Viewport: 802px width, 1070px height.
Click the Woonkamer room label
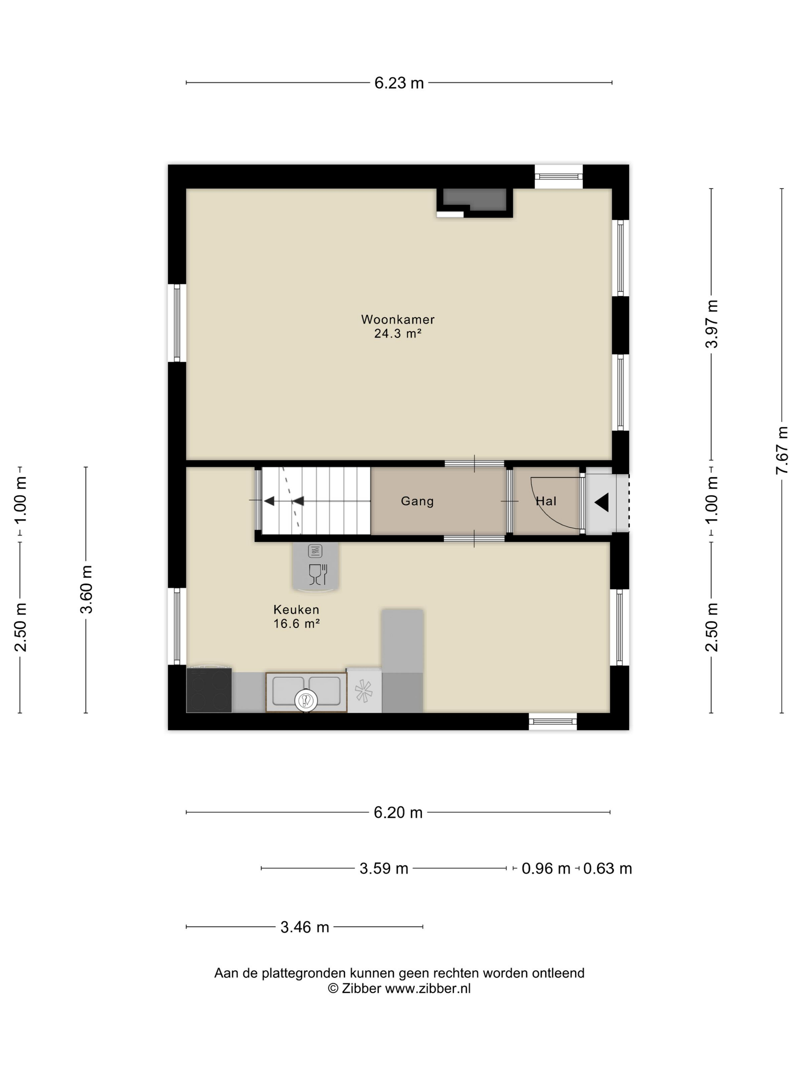click(398, 319)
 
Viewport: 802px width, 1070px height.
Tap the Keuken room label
click(296, 610)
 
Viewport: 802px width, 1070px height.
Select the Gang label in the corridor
click(417, 501)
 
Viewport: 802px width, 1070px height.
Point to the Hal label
click(546, 501)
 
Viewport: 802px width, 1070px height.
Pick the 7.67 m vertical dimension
click(782, 450)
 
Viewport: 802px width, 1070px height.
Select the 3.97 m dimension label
click(711, 324)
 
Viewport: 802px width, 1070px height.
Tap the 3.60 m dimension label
click(86, 589)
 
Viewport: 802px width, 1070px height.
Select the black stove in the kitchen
click(209, 689)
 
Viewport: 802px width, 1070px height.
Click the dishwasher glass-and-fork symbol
click(318, 574)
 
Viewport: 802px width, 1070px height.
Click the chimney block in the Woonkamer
click(475, 202)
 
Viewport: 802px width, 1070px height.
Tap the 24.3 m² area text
click(398, 333)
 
